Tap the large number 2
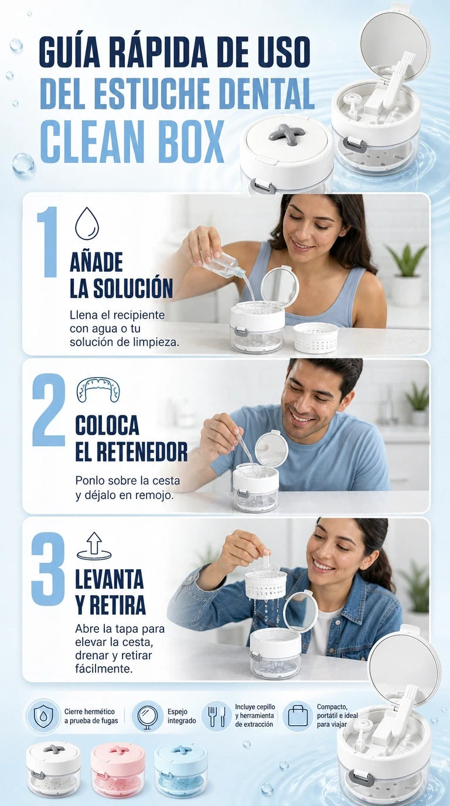point(49,409)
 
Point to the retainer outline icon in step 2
point(98,390)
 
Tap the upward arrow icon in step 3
point(94,546)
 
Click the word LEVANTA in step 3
point(110,579)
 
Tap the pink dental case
point(117,769)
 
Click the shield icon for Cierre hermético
point(43,723)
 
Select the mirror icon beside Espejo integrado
point(147,723)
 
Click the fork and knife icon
point(217,723)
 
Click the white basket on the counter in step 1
point(316,337)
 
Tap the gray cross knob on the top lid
point(285,132)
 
